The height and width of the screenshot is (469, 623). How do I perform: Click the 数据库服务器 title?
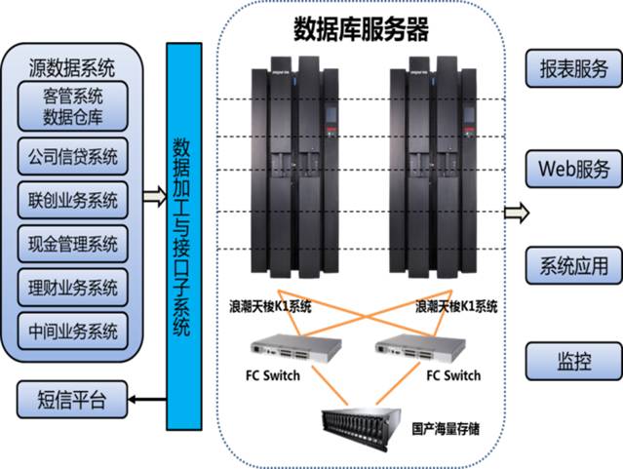click(361, 30)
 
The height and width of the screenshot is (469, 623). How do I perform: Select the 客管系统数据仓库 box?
click(73, 106)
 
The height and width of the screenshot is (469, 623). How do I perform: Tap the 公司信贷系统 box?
click(73, 156)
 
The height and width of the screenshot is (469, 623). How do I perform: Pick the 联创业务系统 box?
click(73, 201)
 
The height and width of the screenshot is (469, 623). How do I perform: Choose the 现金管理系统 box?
click(73, 244)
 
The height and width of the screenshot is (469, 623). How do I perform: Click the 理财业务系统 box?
click(73, 287)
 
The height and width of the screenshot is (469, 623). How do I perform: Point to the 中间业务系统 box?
click(73, 330)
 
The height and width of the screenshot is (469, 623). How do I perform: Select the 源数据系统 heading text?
click(73, 68)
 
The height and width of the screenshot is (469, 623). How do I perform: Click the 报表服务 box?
click(574, 68)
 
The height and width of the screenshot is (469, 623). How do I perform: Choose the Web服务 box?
click(574, 168)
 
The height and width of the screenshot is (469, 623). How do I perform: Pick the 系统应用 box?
click(574, 264)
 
